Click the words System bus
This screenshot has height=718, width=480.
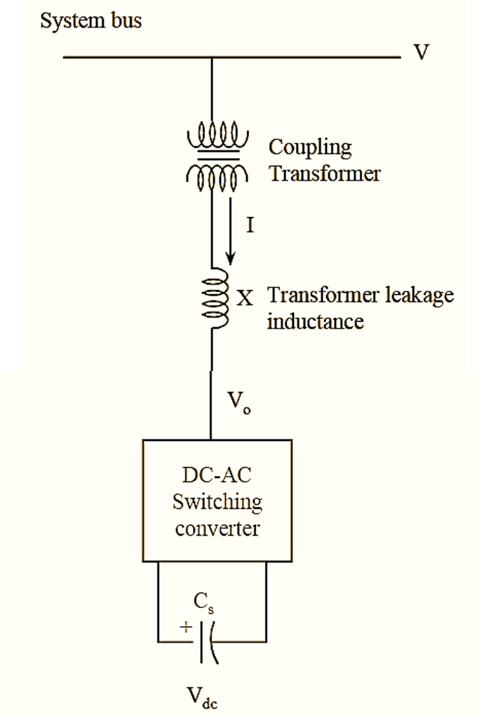click(x=91, y=21)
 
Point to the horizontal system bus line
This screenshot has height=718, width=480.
click(x=230, y=58)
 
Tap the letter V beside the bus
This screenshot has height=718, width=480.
click(x=421, y=53)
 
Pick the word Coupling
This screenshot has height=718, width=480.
click(x=310, y=148)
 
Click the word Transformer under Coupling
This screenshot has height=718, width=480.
click(x=324, y=174)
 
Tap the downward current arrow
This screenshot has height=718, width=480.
click(x=230, y=240)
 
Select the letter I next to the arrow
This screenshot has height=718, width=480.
click(x=250, y=226)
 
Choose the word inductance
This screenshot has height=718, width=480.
click(x=315, y=322)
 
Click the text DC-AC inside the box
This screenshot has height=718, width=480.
click(x=217, y=476)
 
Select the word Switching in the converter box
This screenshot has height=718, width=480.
click(x=217, y=502)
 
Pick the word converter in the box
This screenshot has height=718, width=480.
click(x=217, y=528)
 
